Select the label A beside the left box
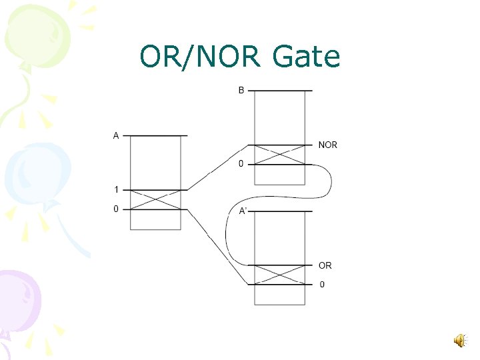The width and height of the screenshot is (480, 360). (116, 136)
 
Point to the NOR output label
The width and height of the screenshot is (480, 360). (328, 145)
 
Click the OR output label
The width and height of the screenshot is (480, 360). (325, 265)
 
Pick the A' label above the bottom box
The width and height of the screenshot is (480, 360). (244, 211)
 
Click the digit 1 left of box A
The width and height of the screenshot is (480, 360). (116, 190)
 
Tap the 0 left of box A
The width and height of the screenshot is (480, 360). (116, 209)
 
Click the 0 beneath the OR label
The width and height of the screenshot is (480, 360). (323, 285)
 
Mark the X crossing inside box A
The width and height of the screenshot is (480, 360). (155, 199)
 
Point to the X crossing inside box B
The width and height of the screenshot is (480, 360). (279, 155)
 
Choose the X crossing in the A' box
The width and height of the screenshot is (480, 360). (279, 275)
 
